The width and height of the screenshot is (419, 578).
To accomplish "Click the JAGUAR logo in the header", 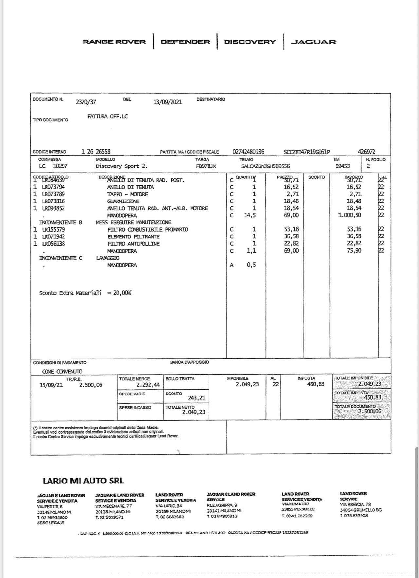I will click(313, 42).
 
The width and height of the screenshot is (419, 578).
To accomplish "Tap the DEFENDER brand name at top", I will click(185, 42).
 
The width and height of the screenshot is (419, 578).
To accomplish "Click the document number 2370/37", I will click(86, 102).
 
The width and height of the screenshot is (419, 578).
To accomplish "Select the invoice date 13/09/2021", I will click(168, 102).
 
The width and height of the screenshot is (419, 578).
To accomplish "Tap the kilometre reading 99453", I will click(342, 166).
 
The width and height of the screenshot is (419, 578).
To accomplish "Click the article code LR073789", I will click(53, 194).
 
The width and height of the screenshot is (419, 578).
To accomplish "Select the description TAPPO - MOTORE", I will click(127, 194).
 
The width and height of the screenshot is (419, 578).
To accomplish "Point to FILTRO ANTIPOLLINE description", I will click(134, 244).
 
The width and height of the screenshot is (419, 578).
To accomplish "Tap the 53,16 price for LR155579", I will click(291, 229).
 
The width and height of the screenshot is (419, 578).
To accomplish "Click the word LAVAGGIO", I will click(108, 258).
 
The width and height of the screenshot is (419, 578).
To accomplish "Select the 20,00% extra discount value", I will click(122, 293).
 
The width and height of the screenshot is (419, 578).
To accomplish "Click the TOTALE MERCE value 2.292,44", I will click(148, 385).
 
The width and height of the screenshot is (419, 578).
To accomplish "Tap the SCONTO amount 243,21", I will click(196, 398).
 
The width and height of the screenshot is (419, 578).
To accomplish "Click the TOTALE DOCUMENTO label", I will click(355, 406).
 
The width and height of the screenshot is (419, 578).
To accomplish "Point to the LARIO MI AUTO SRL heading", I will click(83, 481).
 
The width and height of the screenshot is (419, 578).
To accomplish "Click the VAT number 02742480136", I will click(248, 152).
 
